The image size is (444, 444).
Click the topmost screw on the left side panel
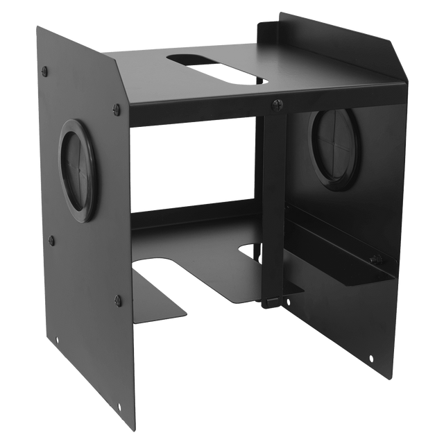(46, 71)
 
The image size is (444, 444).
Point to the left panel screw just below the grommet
(51, 241)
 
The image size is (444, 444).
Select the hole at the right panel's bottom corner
(371, 359)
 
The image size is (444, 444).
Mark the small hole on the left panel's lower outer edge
(58, 341)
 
